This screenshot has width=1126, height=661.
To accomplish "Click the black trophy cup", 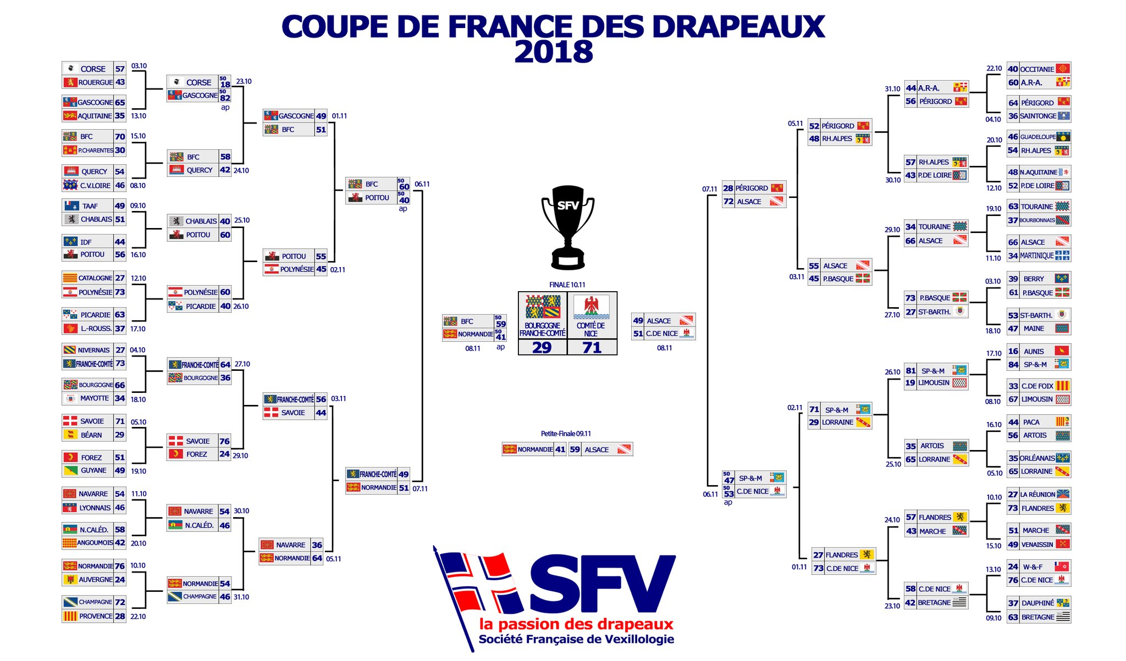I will coord(567,225).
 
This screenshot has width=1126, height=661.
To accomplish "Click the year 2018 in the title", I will coord(553,53).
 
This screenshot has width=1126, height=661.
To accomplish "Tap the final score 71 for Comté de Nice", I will coord(592,347).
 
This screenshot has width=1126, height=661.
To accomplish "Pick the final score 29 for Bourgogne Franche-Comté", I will coord(542,347).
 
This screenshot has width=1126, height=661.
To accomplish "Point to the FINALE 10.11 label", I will coord(567,285).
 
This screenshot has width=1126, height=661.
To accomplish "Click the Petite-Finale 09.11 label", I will coord(566,434).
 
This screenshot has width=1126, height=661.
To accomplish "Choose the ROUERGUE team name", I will coord(95,82).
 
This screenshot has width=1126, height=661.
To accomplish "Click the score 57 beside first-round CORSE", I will coord(120,69).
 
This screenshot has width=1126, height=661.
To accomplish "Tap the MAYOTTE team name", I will coord(95,398).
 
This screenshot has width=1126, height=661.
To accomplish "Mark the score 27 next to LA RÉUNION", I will coord(1013,495).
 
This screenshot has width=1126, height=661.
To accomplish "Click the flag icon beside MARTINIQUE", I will coord(1063,255).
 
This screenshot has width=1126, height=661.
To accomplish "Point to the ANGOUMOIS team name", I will coord(95,543).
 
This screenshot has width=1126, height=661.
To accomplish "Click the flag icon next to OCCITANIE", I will coord(1063,69).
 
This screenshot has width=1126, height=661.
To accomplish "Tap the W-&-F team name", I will coord(1033,566).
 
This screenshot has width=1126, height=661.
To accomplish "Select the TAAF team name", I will coord(90,206).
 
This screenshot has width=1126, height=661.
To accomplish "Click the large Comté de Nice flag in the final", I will coord(591,307).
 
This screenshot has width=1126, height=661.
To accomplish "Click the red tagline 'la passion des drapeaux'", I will coord(576,624).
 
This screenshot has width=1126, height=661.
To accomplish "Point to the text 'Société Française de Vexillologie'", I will coord(576,639).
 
